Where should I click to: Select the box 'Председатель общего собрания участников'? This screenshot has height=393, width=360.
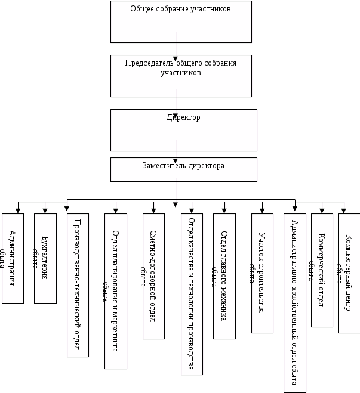181,76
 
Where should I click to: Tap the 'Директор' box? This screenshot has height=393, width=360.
183,130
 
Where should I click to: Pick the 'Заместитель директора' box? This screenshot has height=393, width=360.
183,169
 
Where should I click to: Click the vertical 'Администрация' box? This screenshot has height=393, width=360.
13,258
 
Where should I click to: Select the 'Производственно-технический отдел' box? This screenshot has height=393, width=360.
78,285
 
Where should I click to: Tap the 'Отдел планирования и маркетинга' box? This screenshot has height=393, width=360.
116,291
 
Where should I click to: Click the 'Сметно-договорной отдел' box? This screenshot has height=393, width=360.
154,276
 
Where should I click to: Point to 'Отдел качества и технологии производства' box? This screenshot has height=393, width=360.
192,294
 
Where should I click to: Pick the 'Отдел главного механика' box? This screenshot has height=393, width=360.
224,276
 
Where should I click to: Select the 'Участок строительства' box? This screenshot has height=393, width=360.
262,273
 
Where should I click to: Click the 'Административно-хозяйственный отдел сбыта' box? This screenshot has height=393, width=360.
295,303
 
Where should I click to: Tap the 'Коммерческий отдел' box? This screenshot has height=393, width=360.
322,270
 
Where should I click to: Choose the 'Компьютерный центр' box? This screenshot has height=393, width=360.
349,273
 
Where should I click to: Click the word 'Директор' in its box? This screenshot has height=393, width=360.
183,117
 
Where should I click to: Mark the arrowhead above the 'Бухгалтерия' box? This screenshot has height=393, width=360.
45,210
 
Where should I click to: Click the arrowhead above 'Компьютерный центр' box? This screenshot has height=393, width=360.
343,210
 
